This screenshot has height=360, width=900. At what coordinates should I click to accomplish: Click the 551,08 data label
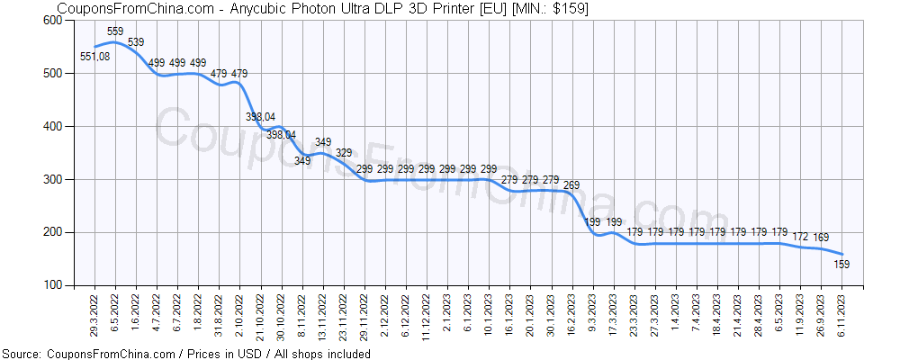click(x=95, y=58)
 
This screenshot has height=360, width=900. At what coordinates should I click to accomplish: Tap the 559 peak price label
click(x=115, y=31)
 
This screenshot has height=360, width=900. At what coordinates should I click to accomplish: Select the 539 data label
click(x=136, y=42)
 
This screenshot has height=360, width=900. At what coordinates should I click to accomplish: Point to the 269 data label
click(x=571, y=185)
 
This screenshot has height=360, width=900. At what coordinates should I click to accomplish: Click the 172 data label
click(x=800, y=237)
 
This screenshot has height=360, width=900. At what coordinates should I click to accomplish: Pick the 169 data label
click(x=821, y=238)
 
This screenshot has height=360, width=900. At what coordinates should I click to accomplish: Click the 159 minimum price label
click(x=842, y=265)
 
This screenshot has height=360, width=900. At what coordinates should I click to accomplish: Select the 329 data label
click(x=344, y=153)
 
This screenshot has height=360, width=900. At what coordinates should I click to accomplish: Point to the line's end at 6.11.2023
click(x=842, y=255)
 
